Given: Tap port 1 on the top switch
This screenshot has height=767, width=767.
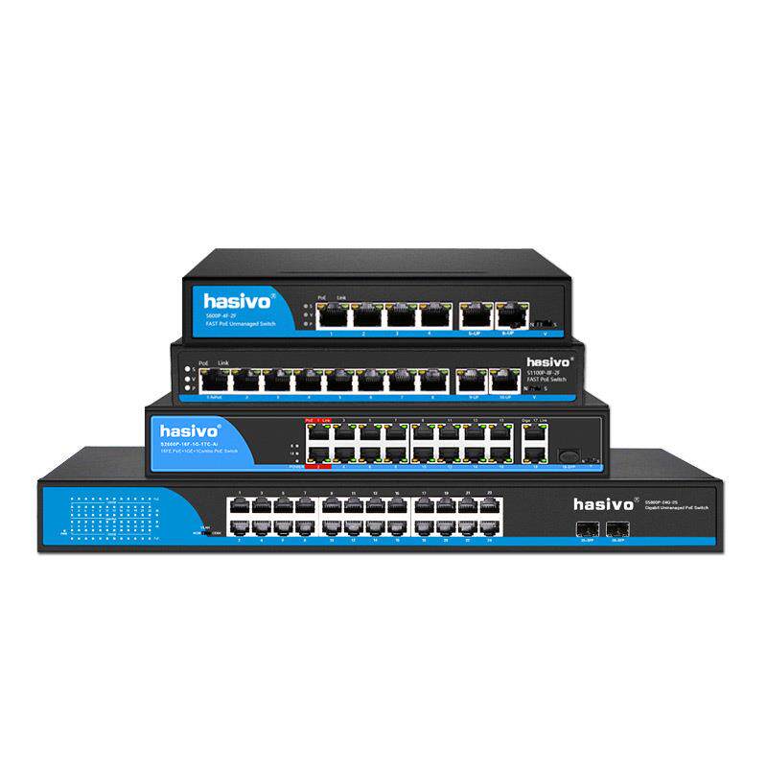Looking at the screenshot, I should coord(332,314).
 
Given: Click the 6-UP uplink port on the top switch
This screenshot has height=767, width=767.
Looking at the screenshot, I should coord(507,314).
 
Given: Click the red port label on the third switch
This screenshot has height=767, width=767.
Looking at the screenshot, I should coord(317,466).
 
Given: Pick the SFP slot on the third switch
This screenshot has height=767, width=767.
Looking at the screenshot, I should coord(569,455).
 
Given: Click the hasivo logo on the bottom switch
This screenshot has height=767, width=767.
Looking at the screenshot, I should coord(605,503).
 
